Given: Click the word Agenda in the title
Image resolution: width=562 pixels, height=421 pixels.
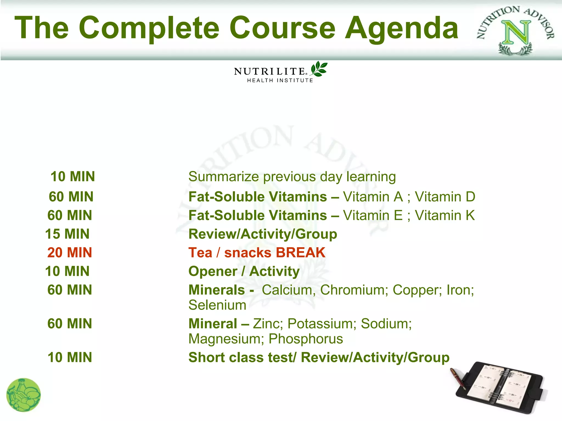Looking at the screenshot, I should pyautogui.click(x=401, y=28).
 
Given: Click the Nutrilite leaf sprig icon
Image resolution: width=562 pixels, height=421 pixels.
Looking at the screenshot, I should pyautogui.click(x=319, y=69).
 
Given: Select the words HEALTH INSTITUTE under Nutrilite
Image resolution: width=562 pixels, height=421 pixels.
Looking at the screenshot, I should pyautogui.click(x=280, y=81).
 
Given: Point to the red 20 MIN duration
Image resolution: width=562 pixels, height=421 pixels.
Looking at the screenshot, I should pyautogui.click(x=69, y=252).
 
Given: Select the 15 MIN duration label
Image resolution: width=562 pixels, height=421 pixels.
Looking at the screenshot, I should pyautogui.click(x=67, y=234).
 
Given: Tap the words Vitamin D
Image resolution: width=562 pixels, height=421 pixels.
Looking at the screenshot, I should pyautogui.click(x=445, y=197).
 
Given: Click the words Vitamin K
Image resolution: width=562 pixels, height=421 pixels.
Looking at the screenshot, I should pyautogui.click(x=445, y=215).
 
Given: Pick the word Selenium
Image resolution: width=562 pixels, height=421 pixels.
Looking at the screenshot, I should pyautogui.click(x=217, y=305).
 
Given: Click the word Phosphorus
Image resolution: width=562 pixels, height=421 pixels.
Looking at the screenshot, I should pyautogui.click(x=306, y=339).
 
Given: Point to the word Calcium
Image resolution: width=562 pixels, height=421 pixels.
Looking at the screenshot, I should pyautogui.click(x=287, y=290).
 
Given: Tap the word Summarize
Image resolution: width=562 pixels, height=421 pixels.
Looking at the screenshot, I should pyautogui.click(x=223, y=177).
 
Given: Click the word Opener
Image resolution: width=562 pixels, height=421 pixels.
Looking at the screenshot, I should pyautogui.click(x=213, y=271).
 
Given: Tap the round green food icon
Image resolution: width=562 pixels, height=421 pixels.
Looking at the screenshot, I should pyautogui.click(x=23, y=395).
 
